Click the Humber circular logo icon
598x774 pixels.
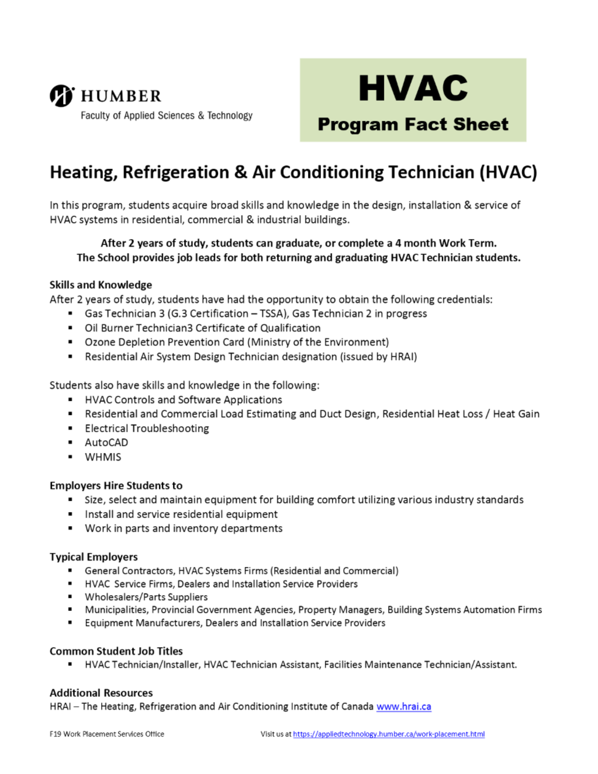point(62,96)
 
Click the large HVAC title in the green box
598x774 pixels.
point(413,88)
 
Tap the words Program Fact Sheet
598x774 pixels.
point(413,124)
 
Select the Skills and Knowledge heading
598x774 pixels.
point(101,285)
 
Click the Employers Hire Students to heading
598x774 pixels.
point(116,485)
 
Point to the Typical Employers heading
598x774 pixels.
point(94,557)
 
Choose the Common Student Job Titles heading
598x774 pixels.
point(116,651)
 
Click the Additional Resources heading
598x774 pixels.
point(101,693)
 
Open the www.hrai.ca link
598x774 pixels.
point(404,706)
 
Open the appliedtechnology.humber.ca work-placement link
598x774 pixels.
point(389,734)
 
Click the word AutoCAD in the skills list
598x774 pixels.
point(106,443)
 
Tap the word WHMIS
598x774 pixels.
point(103,457)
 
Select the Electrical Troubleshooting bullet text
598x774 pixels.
point(147,428)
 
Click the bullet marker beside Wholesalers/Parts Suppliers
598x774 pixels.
point(70,597)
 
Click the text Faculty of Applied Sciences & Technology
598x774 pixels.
point(166,116)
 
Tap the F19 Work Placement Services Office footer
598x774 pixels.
point(107,734)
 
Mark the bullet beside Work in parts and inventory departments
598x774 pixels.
point(70,528)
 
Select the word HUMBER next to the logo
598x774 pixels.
point(121,96)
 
